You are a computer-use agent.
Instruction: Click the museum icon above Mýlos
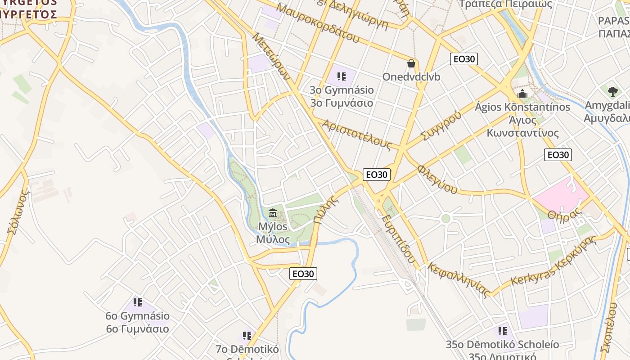point(273,212)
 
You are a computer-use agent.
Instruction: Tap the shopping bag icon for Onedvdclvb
point(411,63)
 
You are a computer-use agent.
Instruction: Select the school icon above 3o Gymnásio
point(341,76)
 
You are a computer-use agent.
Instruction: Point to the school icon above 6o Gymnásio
point(138,302)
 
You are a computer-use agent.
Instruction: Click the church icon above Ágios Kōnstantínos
point(522,94)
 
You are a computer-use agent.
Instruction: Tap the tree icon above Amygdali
point(612,92)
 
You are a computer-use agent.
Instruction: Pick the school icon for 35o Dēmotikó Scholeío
point(502,332)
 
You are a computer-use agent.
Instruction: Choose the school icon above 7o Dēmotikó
point(247,335)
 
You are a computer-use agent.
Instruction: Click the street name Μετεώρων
point(271,57)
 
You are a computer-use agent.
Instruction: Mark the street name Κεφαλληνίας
point(459,280)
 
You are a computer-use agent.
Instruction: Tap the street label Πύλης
point(326,207)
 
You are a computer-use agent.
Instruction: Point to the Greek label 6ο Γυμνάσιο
point(138,329)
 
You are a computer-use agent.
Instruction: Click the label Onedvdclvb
point(411,77)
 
